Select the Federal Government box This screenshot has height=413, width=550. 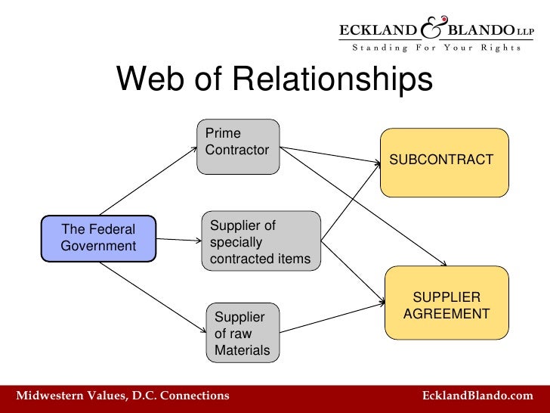98,238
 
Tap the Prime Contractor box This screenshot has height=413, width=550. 239,146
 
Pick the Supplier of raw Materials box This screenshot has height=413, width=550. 243,333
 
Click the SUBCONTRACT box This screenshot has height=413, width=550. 443,162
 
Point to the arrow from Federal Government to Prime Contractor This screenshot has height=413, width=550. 147,181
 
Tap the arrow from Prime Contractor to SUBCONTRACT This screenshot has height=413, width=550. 332,154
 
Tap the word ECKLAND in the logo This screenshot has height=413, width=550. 378,30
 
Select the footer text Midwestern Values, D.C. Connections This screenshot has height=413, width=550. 122,396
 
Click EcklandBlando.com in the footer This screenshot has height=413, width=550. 477,396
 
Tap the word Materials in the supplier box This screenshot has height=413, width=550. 242,350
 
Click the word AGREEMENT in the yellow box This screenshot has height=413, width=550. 446,313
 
